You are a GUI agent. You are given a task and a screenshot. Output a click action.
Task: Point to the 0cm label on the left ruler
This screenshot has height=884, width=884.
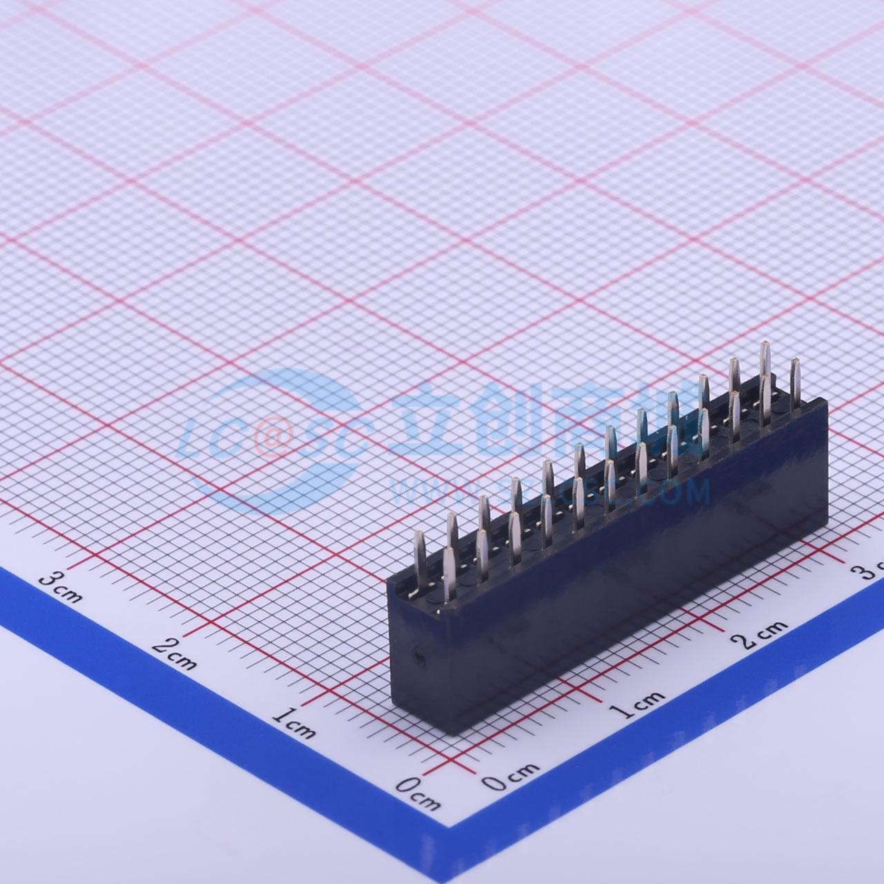click(418, 794)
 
